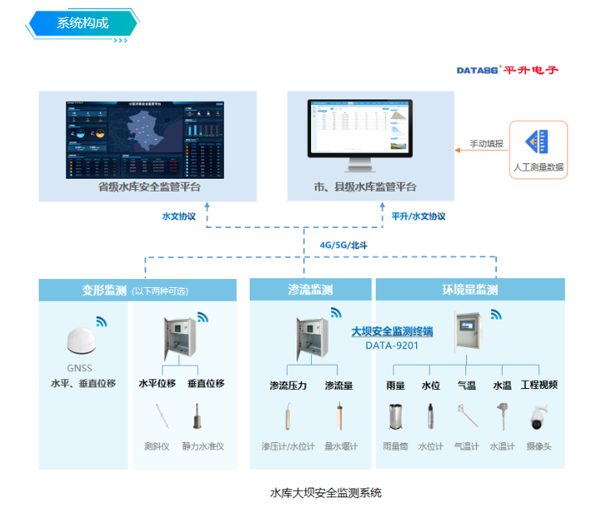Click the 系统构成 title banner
pos(82,23)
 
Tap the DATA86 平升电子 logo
pos(507,70)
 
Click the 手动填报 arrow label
pos(487,144)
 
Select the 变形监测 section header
pos(104,290)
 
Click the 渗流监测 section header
pos(310,290)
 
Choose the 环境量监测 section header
pos(469,290)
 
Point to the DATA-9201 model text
pos(392,345)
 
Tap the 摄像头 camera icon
pos(538,417)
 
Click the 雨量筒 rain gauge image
pos(395,416)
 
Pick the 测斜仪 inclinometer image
pos(160,416)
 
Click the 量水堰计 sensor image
pos(339,417)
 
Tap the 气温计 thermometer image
pos(466,416)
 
